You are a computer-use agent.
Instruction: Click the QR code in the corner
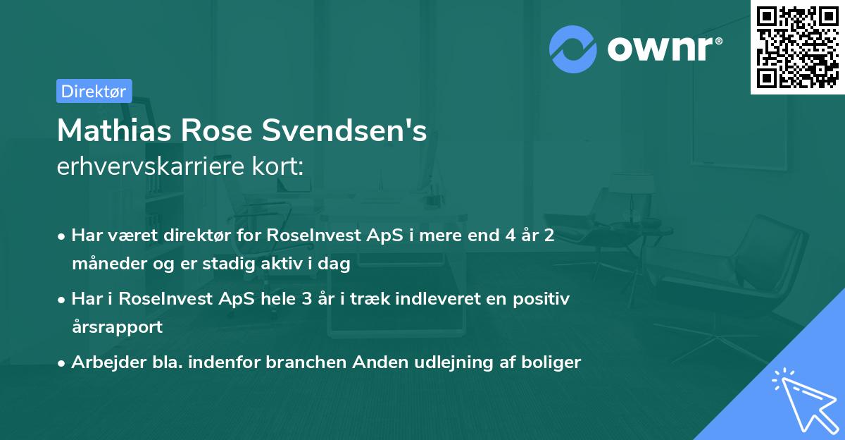(796, 47)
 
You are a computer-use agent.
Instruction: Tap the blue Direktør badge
(94, 91)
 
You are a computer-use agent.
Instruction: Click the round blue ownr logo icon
(573, 47)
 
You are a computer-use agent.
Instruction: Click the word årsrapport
(117, 327)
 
